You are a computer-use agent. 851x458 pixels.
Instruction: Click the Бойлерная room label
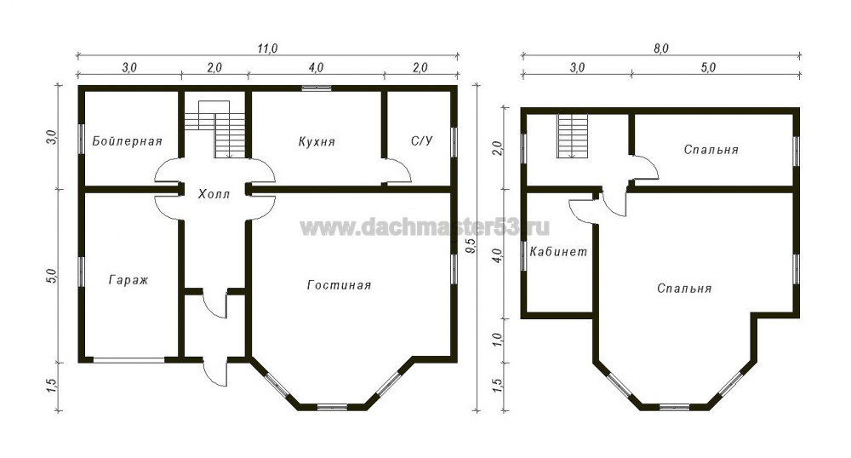[x=127, y=141]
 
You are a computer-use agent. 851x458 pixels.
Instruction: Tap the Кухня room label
[x=317, y=141]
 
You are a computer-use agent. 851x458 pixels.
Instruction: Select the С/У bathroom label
[x=422, y=141]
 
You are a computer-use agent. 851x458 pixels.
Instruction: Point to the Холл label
[x=214, y=194]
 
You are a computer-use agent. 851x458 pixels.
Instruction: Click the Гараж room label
[x=129, y=280]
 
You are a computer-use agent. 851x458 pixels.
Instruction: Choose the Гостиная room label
[x=340, y=285]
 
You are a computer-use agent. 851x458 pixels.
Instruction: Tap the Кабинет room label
[x=558, y=252]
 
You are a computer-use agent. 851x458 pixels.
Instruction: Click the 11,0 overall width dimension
[x=267, y=49]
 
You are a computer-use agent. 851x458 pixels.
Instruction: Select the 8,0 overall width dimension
[x=661, y=49]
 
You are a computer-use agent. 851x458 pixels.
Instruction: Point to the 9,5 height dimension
[x=471, y=246]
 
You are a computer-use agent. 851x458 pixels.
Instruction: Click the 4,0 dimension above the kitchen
[x=316, y=67]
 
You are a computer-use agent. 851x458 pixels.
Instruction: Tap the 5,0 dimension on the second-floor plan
[x=708, y=67]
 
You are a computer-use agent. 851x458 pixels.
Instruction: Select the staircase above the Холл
[x=216, y=129]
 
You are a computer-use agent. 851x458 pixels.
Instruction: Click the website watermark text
[x=425, y=226]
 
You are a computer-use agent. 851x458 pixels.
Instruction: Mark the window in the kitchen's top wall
[x=317, y=89]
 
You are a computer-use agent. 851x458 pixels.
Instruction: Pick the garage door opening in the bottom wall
[x=129, y=359]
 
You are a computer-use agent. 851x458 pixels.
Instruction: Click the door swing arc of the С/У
[x=400, y=170]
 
